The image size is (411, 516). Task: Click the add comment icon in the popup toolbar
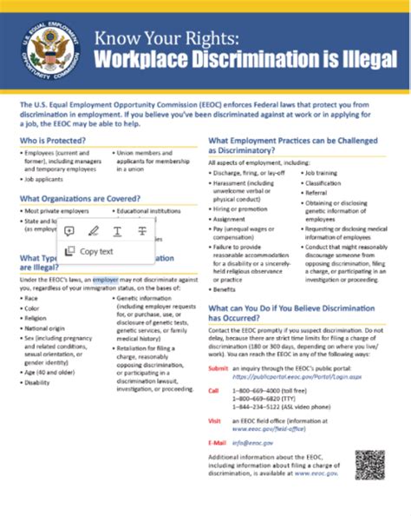[x=69, y=230]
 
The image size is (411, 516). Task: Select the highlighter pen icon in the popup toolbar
[x=94, y=230]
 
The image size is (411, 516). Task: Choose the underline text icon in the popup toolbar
[x=118, y=230]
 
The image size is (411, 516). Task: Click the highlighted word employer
[x=106, y=281]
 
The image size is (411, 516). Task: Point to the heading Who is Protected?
[x=54, y=139]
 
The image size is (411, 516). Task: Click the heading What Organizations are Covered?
[x=82, y=198]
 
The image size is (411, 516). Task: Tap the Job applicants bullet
[x=48, y=179]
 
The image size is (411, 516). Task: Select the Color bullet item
[x=32, y=307]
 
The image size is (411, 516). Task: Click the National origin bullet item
[x=44, y=330]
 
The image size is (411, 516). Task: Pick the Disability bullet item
[x=37, y=382]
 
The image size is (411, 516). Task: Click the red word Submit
[x=219, y=368]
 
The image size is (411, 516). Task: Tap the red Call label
[x=213, y=391]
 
